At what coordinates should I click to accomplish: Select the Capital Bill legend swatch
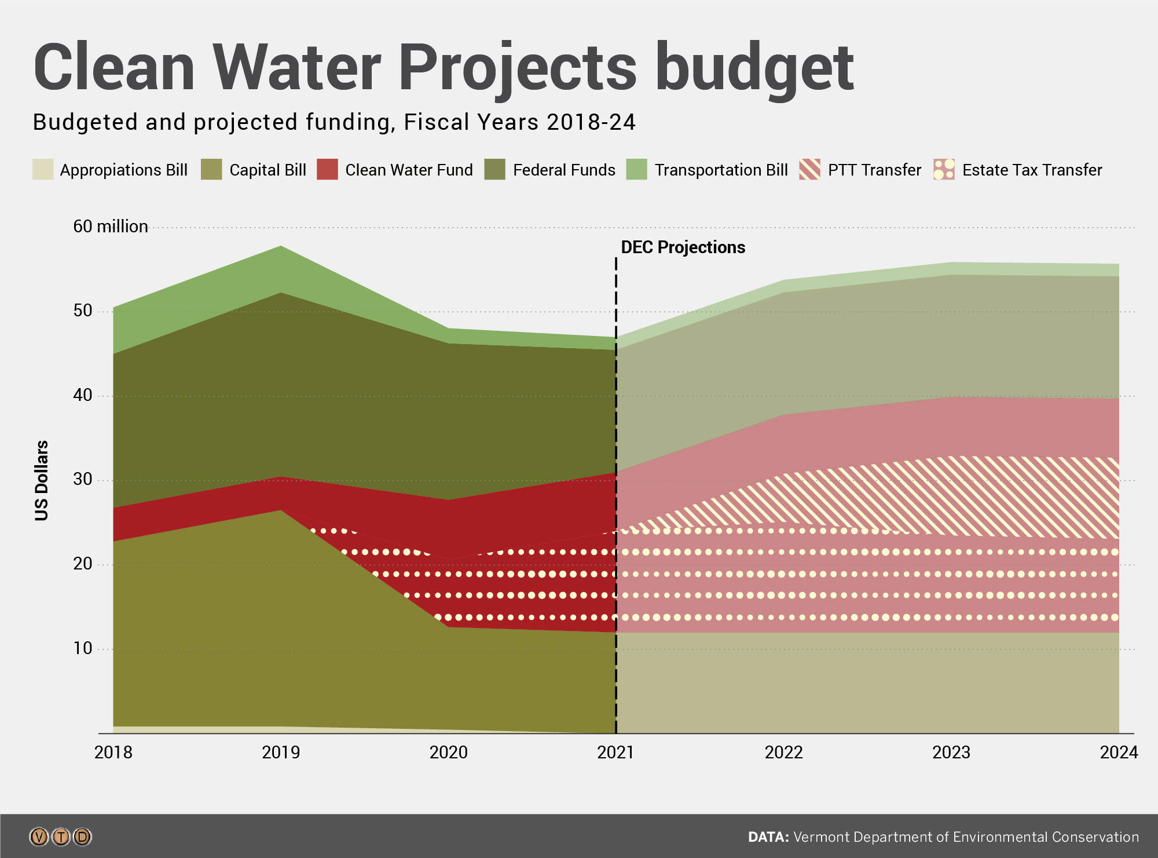211,169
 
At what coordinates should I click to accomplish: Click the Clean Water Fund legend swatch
327,169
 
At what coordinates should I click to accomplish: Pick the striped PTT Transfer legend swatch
809,169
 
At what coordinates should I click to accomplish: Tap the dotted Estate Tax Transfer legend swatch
944,169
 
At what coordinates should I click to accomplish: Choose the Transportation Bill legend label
721,170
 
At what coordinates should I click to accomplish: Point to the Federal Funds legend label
563,170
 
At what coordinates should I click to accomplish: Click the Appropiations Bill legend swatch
43,169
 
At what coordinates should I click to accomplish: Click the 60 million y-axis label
110,226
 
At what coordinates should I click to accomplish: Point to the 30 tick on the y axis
82,479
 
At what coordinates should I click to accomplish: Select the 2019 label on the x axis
281,752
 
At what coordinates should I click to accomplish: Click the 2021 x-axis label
615,752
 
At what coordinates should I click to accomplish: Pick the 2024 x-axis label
1119,752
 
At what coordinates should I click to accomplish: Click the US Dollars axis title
42,480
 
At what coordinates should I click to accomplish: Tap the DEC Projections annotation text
683,247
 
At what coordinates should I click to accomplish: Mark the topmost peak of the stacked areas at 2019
281,246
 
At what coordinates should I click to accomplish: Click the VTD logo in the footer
60,837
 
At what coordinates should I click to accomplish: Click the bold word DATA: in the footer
768,837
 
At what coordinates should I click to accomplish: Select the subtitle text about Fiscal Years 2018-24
334,122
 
